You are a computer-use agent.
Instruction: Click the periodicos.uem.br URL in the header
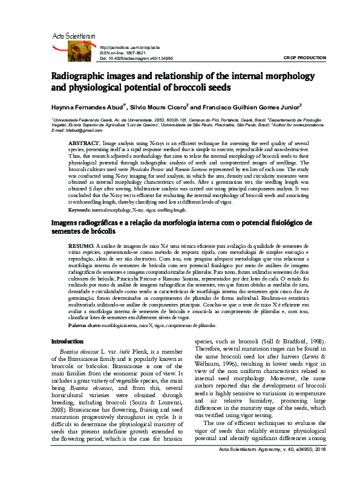[129, 47]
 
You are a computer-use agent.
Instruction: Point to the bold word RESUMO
[82, 247]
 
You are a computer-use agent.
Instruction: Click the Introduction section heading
[67, 342]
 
